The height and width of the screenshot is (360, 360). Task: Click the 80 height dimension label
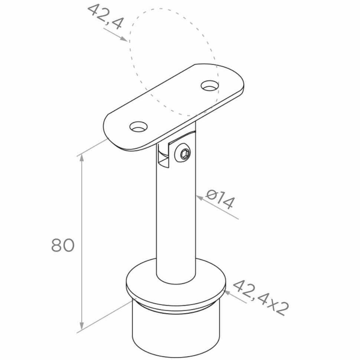tap(63, 245)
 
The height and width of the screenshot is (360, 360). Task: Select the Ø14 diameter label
tap(220, 199)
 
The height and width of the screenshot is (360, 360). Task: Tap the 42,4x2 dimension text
tap(261, 297)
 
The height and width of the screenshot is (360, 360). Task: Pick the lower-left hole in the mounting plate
tap(138, 127)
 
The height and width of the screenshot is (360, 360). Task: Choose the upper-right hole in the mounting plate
tap(209, 85)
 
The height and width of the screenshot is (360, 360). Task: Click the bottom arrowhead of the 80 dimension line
tap(82, 325)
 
